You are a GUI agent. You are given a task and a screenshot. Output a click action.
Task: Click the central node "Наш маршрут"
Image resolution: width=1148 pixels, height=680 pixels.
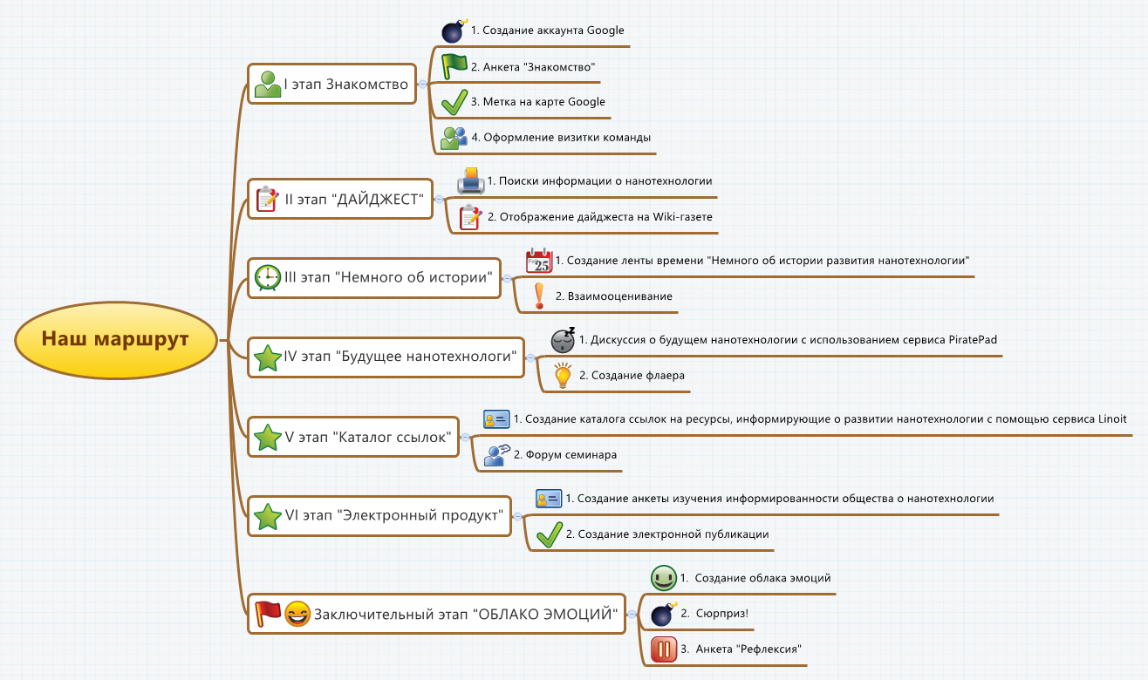click(x=116, y=339)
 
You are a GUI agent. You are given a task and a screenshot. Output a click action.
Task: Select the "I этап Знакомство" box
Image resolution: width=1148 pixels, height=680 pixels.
click(x=331, y=85)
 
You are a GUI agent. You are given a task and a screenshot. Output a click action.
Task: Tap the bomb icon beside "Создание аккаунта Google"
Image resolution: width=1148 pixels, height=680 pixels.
click(x=454, y=31)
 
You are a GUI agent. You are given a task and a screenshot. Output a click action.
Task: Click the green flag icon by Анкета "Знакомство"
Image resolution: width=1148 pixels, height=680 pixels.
click(x=454, y=66)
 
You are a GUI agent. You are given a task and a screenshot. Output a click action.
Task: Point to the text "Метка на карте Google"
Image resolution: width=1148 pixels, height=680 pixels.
click(x=537, y=102)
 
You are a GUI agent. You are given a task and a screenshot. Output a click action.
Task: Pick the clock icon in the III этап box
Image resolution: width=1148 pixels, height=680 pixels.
click(x=267, y=277)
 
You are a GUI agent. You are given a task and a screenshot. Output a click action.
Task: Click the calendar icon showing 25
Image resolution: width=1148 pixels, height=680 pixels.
click(x=539, y=261)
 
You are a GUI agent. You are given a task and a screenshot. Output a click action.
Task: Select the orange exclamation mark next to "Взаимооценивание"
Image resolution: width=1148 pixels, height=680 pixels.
click(x=539, y=296)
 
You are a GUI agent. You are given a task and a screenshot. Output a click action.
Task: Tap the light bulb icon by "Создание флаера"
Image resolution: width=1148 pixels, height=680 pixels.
click(x=564, y=376)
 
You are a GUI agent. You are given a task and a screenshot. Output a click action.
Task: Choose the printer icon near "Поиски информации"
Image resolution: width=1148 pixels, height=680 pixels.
click(x=471, y=181)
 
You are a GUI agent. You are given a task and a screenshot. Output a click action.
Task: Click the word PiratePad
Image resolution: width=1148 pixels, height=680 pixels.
click(x=973, y=340)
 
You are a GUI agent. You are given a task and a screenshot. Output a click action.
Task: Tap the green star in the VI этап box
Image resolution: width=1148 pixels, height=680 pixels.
click(x=266, y=516)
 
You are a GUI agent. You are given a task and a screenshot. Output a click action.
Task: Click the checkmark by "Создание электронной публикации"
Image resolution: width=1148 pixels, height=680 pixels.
click(x=549, y=534)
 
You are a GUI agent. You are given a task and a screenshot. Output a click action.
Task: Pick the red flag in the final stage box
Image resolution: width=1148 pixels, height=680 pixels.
click(x=267, y=614)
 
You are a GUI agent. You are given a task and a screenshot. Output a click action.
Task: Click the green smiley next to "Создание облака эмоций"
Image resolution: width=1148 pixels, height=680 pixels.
click(x=664, y=578)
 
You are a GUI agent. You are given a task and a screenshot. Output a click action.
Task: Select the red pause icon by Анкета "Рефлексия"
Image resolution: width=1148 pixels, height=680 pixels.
click(x=664, y=649)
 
